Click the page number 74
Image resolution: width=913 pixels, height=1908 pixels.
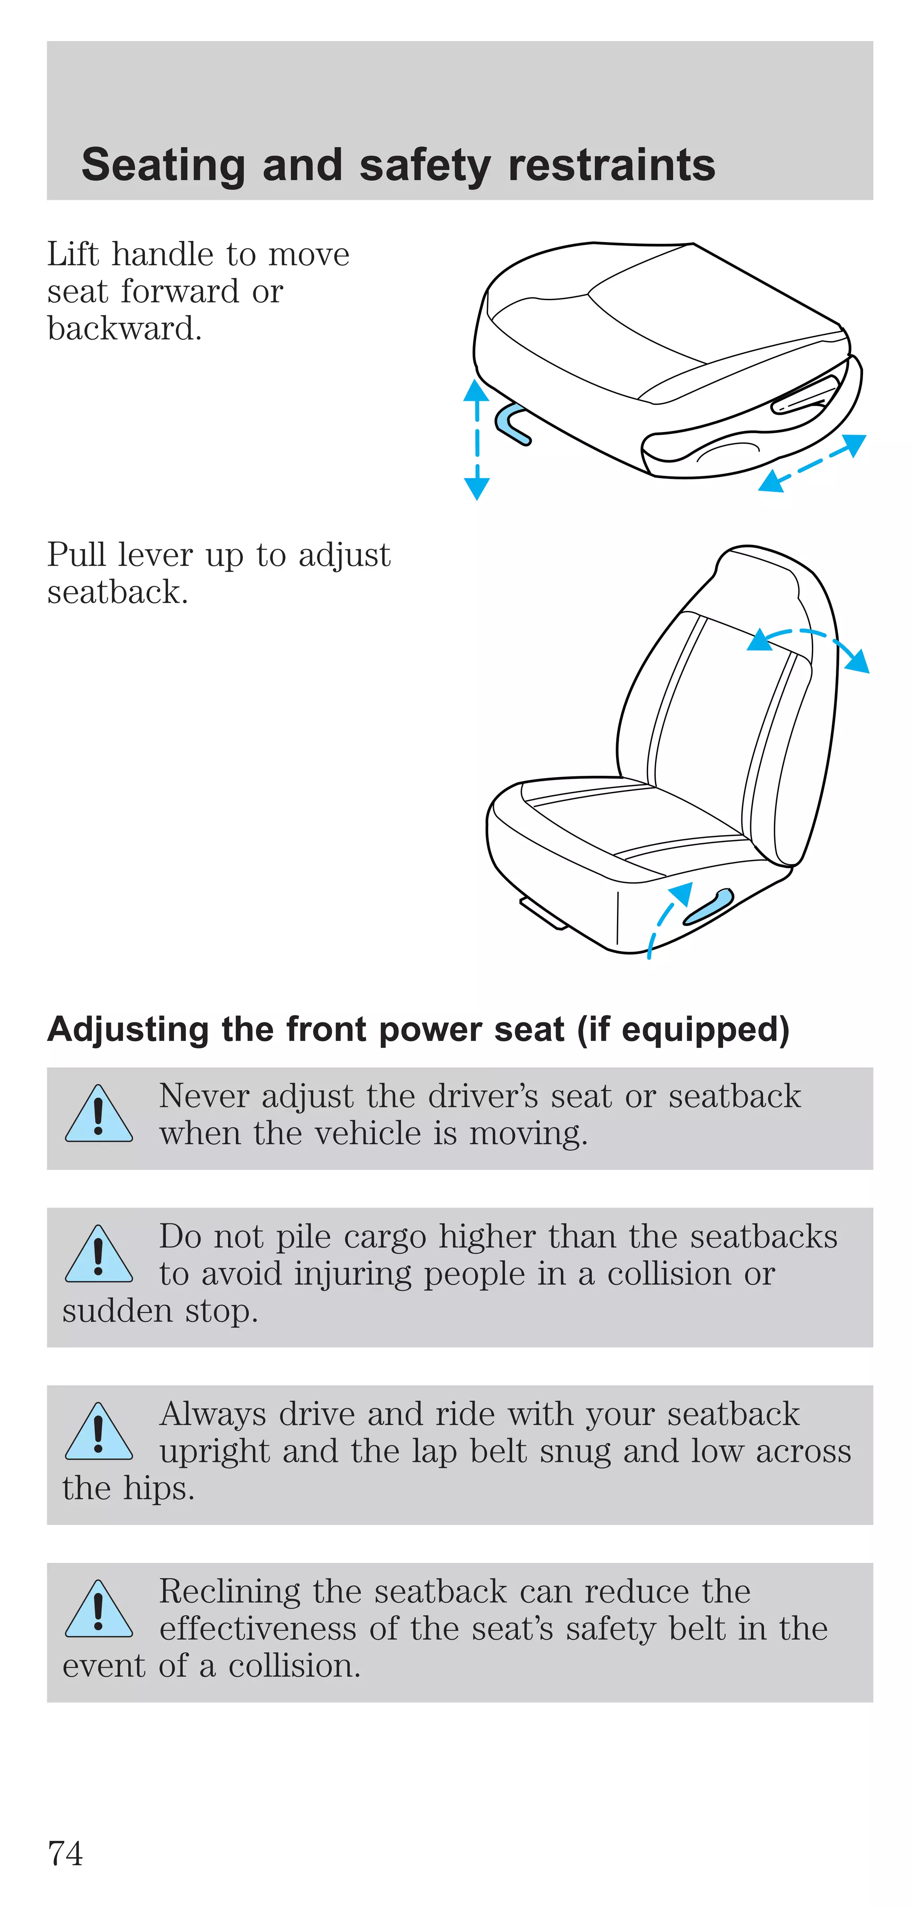click(x=65, y=1853)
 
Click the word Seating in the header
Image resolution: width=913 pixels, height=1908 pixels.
click(x=163, y=165)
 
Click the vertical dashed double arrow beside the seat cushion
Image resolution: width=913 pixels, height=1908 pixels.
click(x=476, y=439)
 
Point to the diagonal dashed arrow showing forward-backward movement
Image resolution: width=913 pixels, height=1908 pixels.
click(x=812, y=463)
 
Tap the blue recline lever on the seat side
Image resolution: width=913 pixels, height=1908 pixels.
click(x=708, y=908)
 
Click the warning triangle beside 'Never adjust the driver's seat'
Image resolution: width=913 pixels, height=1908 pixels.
click(x=99, y=1115)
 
